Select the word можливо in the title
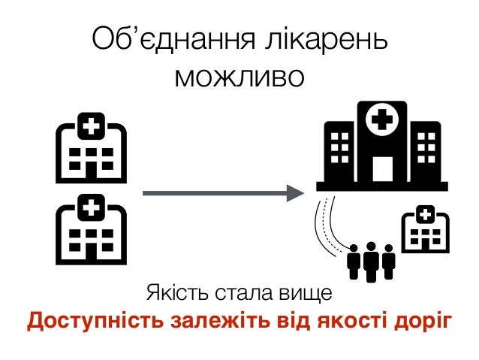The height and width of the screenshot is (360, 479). (x=239, y=75)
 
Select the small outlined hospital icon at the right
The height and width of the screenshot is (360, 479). (x=425, y=229)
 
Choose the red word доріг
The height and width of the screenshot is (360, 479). (x=424, y=322)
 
